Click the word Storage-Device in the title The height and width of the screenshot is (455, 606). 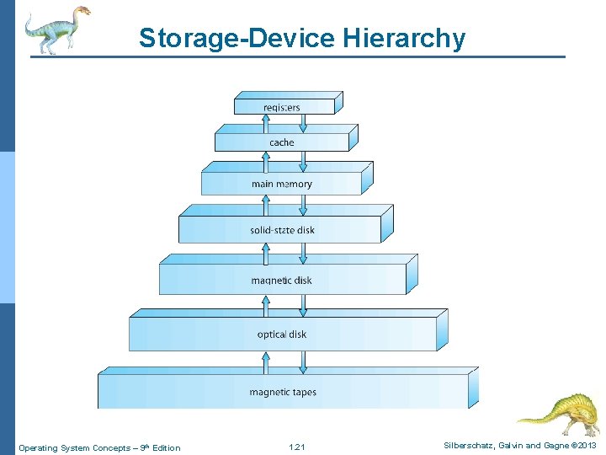click(239, 39)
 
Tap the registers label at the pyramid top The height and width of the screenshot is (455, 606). click(281, 107)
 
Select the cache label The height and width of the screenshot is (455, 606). click(281, 143)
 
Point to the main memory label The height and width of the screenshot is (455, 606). click(281, 184)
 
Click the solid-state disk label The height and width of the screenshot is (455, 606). click(281, 230)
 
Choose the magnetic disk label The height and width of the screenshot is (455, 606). click(281, 280)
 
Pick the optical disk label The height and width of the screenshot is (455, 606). click(281, 335)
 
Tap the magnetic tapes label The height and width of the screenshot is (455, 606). click(283, 392)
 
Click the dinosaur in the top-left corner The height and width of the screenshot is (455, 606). click(55, 29)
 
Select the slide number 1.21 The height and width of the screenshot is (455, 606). click(296, 447)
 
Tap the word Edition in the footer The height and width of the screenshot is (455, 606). click(166, 447)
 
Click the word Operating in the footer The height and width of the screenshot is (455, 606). click(37, 447)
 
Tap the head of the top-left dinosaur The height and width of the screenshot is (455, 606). click(82, 12)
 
